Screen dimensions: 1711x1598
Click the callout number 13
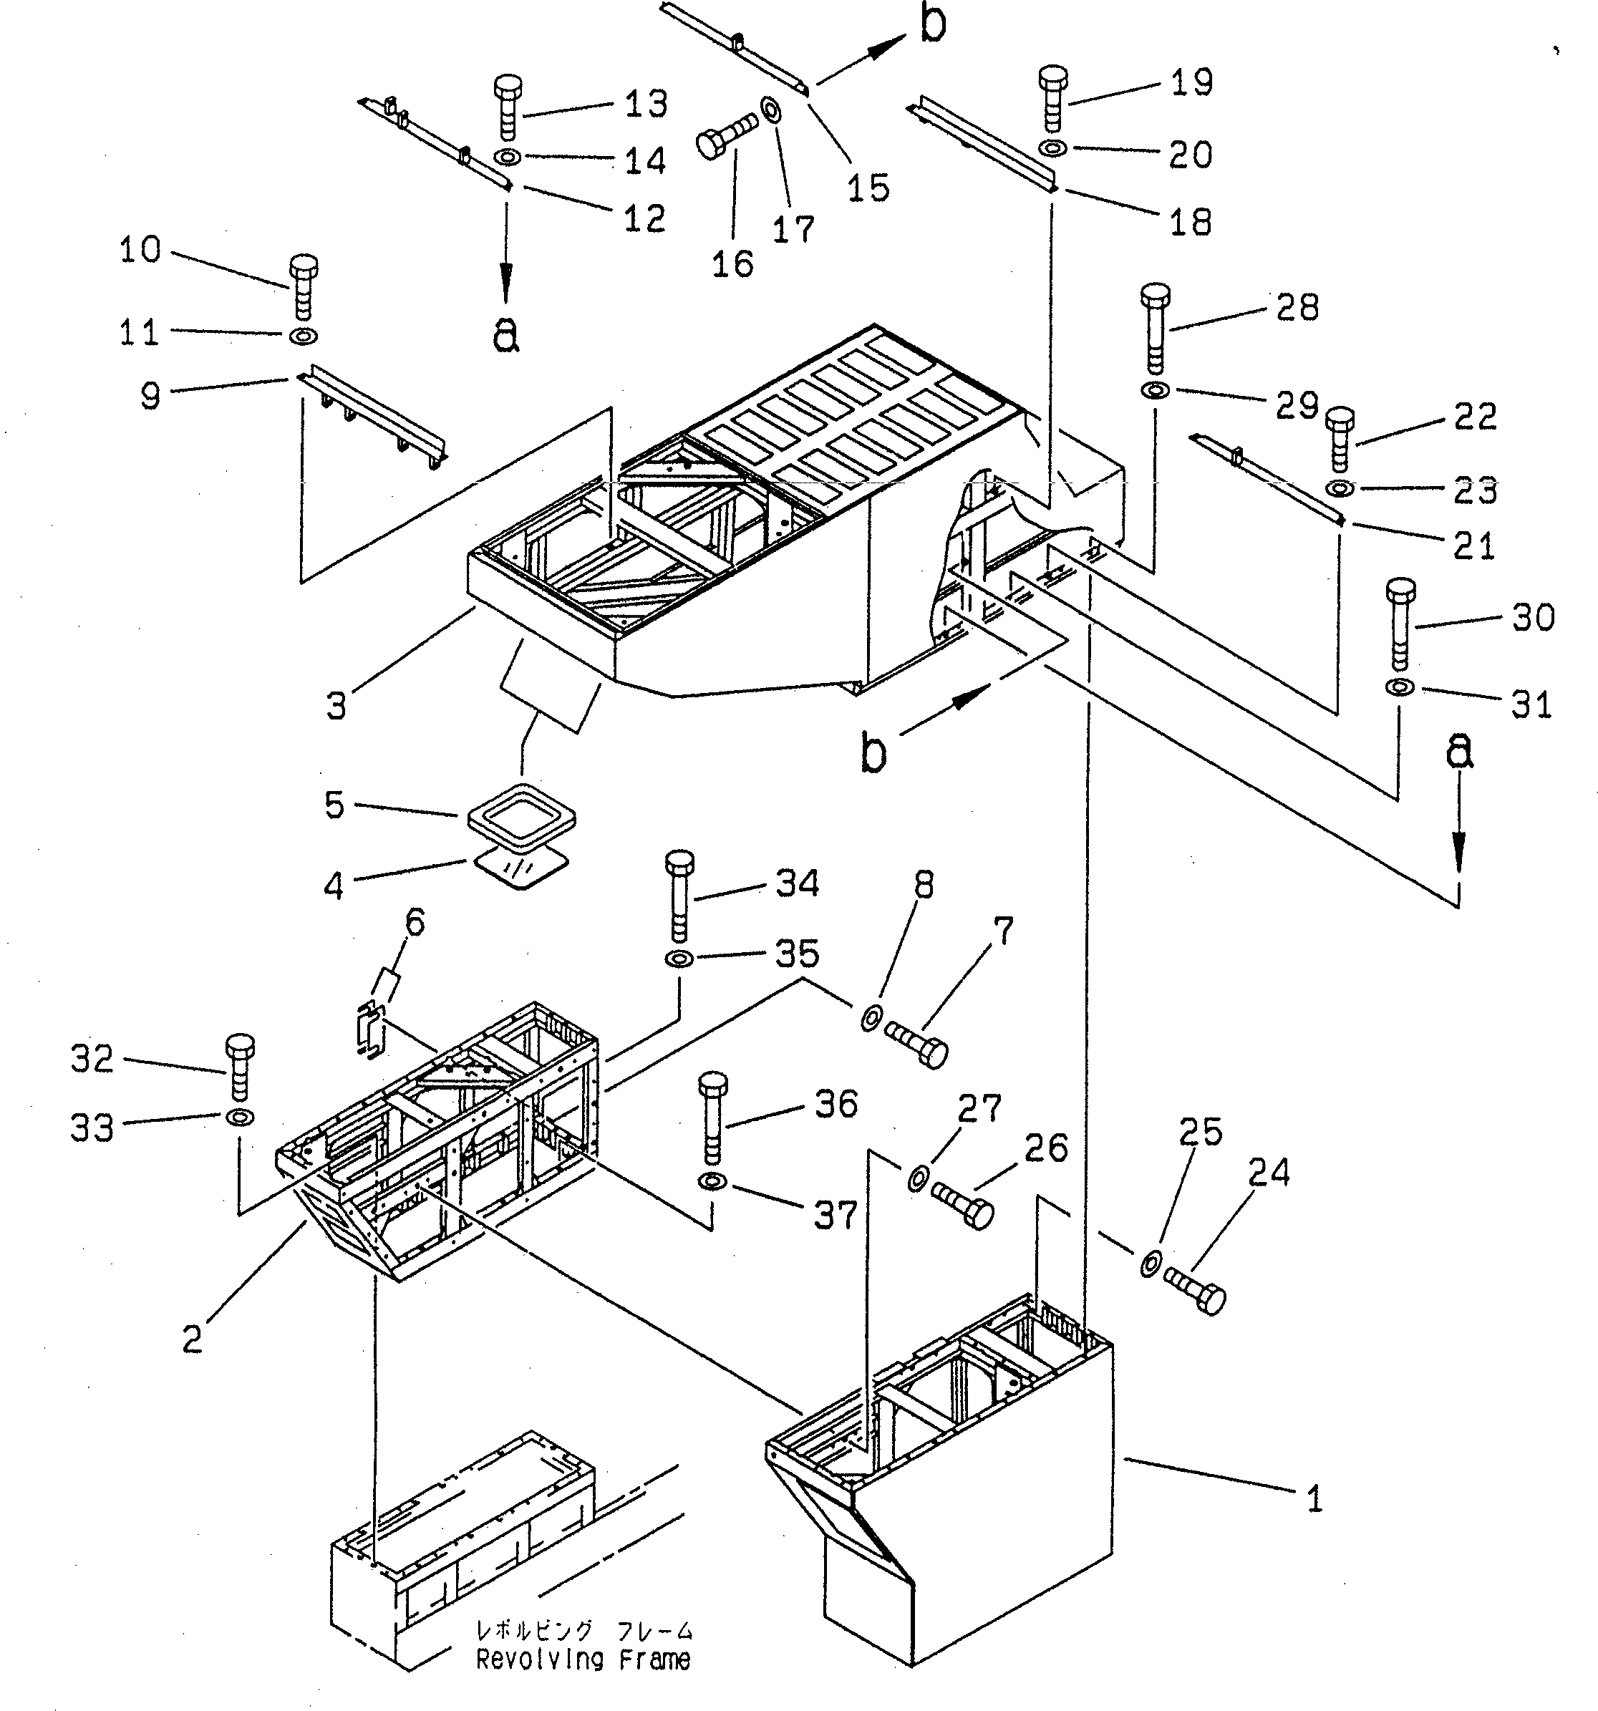(x=647, y=104)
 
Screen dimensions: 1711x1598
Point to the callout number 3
(x=336, y=706)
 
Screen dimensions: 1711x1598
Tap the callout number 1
(x=1313, y=1499)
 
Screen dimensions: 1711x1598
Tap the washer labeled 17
(x=770, y=111)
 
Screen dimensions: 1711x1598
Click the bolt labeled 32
(x=239, y=1067)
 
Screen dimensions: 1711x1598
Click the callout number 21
(x=1473, y=546)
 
